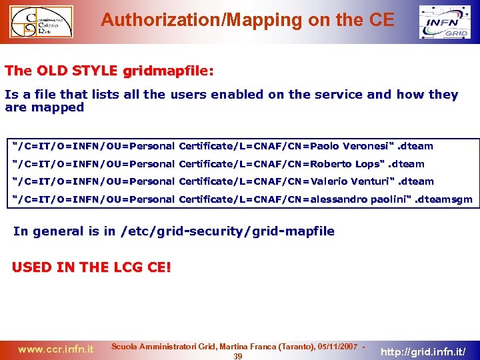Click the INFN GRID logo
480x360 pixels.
coord(445,22)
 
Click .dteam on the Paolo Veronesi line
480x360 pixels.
coord(415,146)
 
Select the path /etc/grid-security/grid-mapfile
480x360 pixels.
coord(228,231)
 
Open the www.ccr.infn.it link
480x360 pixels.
coord(55,349)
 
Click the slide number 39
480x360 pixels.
coord(237,356)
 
